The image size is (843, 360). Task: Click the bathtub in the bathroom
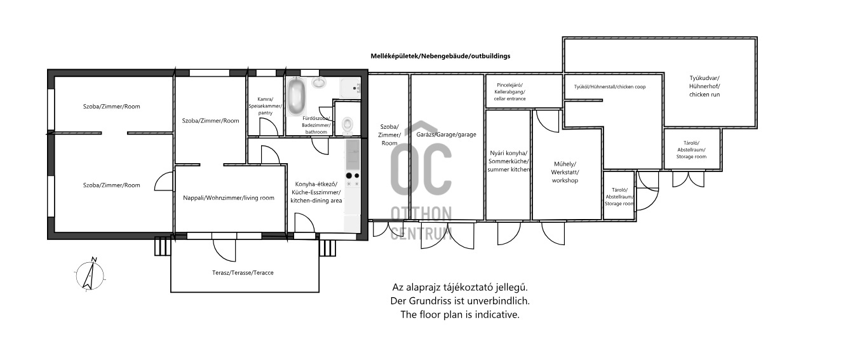coord(297,97)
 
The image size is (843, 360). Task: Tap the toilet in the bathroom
coord(347,124)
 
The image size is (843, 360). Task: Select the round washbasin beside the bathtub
coord(319,83)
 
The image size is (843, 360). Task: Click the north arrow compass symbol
coord(90,275)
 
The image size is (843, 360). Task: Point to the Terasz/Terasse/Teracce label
coord(243,273)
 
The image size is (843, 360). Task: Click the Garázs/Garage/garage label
coord(446,135)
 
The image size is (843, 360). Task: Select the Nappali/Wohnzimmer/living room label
coord(229,198)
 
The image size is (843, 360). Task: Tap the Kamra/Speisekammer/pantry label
coord(266,106)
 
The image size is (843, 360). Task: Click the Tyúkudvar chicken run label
coord(705,86)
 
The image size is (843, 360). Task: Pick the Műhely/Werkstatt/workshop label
coord(565,172)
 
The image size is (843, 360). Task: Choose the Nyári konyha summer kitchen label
coord(508,161)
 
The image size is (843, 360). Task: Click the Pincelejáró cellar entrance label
coord(510,92)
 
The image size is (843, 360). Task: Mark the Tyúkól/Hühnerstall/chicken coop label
coord(610,87)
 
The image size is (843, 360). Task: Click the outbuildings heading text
coord(440,56)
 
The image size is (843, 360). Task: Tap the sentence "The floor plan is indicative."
coord(460,314)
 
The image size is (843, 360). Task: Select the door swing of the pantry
coord(269,127)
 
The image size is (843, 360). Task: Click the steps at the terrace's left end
coord(163,246)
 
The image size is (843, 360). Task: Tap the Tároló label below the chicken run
coord(691,150)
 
